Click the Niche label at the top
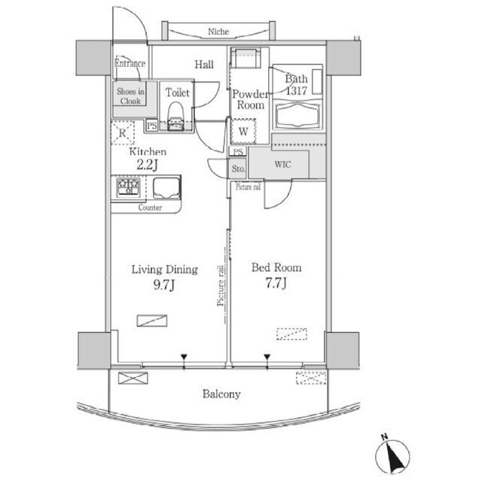coord(218,32)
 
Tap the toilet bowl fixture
coord(175,116)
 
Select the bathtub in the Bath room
coord(297,115)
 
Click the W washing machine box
coord(243,132)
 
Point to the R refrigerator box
coord(123,133)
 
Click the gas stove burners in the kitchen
coord(128,188)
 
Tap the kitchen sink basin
coord(166,188)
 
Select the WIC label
coord(282,164)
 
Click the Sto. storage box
coord(238,169)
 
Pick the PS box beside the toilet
coord(151,126)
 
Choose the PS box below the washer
coord(238,152)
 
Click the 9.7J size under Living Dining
coord(164,285)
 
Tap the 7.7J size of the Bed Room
coord(276,283)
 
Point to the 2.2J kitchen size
coord(148,165)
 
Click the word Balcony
coord(221,394)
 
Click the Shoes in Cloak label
coord(130,96)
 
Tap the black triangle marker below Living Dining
coord(184,357)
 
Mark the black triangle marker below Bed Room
coord(267,357)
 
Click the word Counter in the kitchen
coord(150,208)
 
